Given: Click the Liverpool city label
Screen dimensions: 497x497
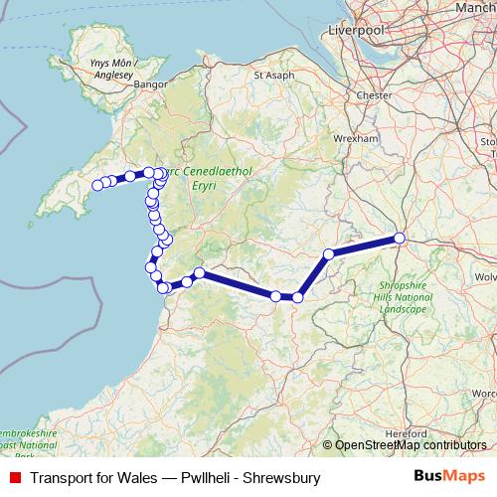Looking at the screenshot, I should [x=355, y=31].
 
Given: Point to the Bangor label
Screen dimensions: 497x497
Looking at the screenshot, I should [x=146, y=86].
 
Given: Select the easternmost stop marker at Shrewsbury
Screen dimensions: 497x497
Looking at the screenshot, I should [x=400, y=238].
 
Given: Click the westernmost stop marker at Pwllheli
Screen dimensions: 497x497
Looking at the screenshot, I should [x=97, y=185].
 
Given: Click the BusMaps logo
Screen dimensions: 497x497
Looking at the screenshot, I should [x=450, y=477].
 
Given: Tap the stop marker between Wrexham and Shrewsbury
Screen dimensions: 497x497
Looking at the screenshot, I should [x=328, y=253].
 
